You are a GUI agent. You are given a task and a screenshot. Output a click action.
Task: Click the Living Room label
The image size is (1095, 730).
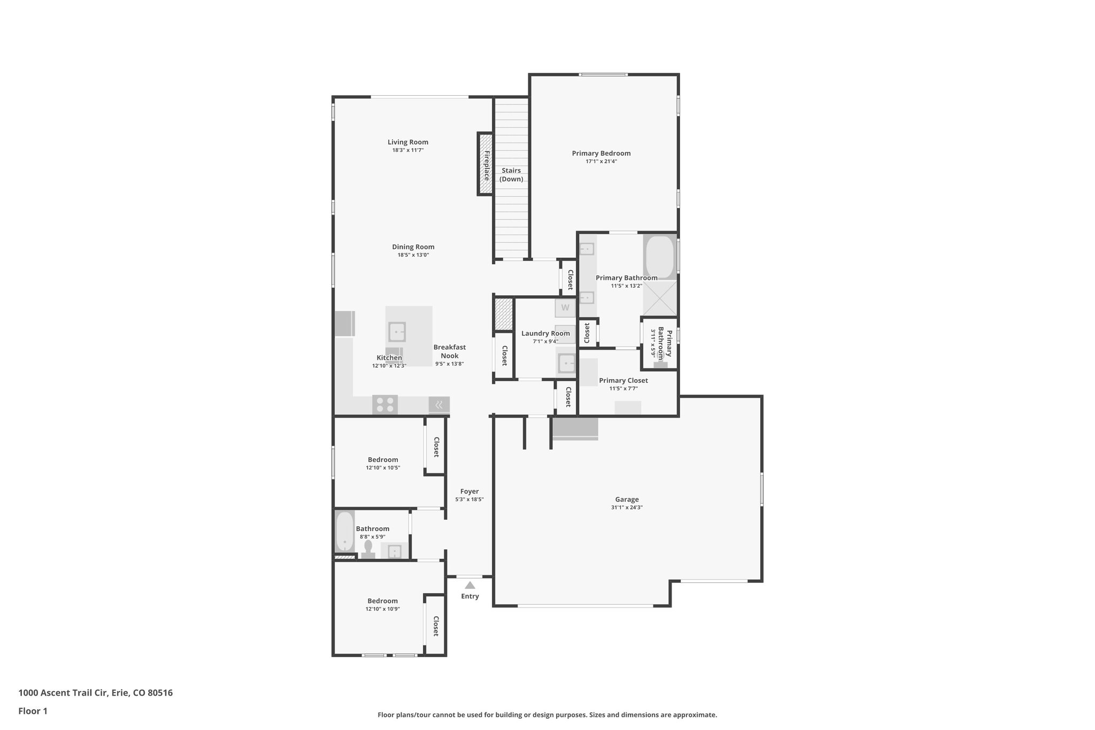click(x=408, y=142)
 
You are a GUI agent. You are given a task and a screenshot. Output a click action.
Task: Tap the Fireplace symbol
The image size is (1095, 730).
click(x=485, y=164)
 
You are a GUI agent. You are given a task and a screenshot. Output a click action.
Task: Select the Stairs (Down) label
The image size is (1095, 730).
click(x=511, y=175)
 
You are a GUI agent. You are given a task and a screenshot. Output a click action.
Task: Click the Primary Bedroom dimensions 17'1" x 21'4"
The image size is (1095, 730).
click(x=601, y=162)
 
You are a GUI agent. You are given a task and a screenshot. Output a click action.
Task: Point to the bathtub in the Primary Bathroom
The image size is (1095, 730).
click(x=660, y=257)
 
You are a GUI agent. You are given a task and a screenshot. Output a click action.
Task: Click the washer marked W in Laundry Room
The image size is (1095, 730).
click(x=565, y=308)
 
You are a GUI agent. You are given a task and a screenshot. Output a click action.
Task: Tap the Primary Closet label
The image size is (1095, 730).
click(x=623, y=381)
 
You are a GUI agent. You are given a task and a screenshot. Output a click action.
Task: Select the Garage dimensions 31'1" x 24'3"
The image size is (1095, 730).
click(x=627, y=508)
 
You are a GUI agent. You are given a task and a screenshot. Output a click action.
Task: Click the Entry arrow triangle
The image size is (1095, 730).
click(x=470, y=585)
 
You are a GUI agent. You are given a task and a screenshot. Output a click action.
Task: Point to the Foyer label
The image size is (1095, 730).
click(x=469, y=491)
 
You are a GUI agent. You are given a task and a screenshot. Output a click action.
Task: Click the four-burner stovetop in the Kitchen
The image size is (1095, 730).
click(x=385, y=404)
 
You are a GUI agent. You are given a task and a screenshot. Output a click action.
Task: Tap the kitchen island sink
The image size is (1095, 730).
click(x=397, y=332)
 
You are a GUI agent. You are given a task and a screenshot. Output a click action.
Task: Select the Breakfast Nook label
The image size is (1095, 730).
click(x=449, y=351)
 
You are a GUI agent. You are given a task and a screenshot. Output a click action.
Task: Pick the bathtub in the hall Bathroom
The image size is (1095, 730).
click(x=345, y=532)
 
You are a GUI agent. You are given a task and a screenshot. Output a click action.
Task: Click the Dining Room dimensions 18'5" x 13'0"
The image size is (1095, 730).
click(x=413, y=255)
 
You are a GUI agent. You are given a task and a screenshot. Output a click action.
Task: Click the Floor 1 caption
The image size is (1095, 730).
click(x=33, y=711)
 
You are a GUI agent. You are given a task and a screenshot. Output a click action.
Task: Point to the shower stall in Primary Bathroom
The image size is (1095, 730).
click(x=660, y=298)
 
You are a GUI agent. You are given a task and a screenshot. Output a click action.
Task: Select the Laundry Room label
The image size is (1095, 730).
click(x=545, y=334)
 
